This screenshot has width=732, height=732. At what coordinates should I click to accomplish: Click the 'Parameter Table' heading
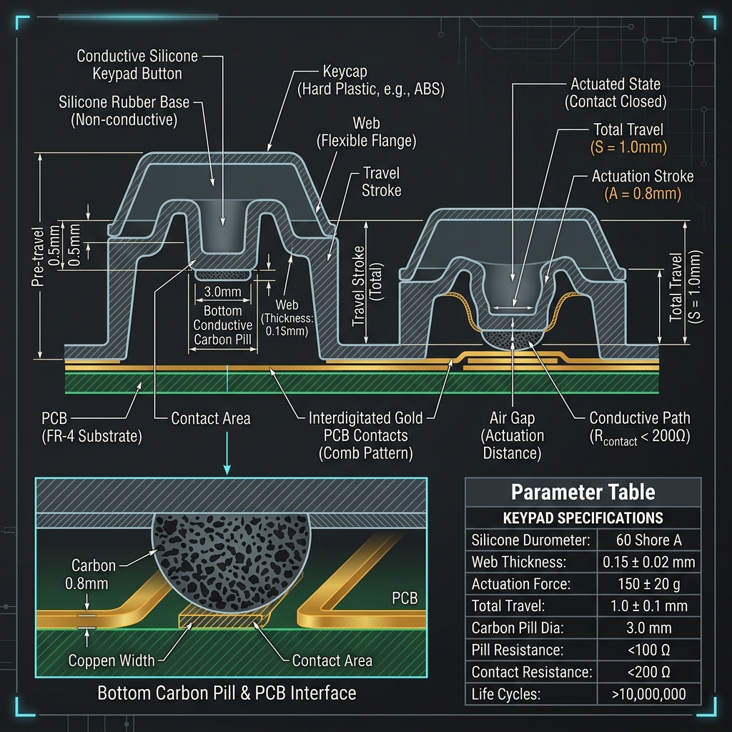point(583,492)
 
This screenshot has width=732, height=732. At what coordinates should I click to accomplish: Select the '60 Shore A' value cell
point(648,540)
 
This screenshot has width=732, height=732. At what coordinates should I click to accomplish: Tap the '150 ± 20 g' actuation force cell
point(648,584)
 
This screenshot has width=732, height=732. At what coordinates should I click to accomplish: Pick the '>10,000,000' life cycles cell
point(648,694)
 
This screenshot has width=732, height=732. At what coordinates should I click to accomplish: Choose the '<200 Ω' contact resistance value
point(648,672)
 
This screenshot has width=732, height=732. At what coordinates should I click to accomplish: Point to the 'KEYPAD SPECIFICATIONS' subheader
point(583,518)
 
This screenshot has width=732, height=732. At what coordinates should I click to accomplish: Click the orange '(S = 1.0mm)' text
point(628,147)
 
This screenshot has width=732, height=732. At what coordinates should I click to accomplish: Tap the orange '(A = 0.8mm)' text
point(643,193)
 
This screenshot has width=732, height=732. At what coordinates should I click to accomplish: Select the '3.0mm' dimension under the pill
point(223,292)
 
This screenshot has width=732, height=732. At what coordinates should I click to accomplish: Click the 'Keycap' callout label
point(345,71)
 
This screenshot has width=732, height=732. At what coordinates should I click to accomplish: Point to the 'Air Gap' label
point(512,417)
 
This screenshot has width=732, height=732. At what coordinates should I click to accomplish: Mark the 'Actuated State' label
point(615,84)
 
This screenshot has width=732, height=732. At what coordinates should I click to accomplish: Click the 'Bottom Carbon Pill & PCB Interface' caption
point(227,693)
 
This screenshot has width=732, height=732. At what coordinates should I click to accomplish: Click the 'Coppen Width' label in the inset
point(111,661)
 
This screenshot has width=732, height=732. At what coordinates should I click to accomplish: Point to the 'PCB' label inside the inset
point(405,598)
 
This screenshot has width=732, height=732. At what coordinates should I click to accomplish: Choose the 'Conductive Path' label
point(640,417)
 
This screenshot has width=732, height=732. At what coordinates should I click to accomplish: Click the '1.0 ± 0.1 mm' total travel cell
point(648,606)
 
